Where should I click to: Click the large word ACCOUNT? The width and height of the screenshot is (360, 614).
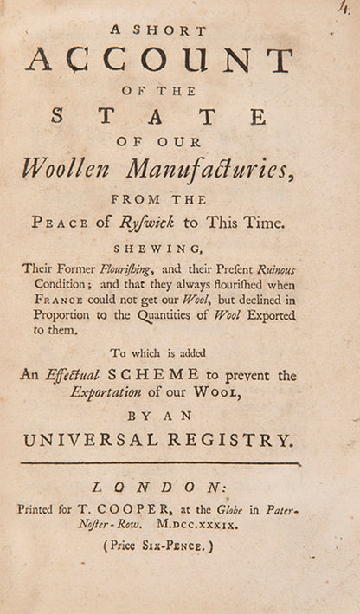click(x=159, y=60)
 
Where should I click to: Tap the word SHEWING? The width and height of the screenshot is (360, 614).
click(x=161, y=246)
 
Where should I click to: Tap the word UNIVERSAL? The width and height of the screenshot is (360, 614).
click(x=93, y=441)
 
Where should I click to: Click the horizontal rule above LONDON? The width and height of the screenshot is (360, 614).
click(x=160, y=463)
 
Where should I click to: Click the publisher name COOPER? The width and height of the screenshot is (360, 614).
click(x=138, y=510)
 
